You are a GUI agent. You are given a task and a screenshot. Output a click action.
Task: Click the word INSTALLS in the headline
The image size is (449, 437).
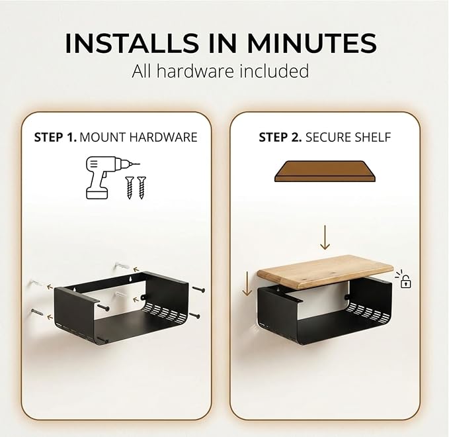coord(132,43)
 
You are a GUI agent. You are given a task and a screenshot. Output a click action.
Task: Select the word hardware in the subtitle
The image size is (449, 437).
coord(195,71)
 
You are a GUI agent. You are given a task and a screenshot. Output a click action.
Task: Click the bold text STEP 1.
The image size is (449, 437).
coord(56,137)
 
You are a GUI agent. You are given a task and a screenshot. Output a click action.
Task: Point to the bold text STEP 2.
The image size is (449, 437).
coord(280,137)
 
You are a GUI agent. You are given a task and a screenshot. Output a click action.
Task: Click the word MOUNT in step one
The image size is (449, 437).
coord(102,137)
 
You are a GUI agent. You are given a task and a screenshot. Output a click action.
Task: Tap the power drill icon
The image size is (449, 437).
coord(109,177)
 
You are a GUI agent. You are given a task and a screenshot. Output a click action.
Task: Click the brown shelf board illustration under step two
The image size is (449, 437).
coord(325,171)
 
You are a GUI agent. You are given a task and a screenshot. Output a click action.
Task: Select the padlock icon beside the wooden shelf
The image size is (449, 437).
coord(405,281)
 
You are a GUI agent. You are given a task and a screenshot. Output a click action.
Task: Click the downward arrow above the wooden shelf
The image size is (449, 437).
coord(325,237)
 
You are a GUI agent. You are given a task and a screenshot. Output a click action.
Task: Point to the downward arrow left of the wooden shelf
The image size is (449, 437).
coord(247,283)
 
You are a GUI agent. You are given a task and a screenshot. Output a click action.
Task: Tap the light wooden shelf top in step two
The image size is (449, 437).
coord(325,271)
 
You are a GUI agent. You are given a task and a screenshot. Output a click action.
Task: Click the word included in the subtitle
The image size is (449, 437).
coord(274,71)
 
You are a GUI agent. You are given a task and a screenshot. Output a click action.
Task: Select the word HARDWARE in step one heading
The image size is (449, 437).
coord(163,137)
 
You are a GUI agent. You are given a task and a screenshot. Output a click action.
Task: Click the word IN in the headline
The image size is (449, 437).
coord(222,43)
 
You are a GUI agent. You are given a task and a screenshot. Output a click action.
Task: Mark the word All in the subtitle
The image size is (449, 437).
coord(142,71)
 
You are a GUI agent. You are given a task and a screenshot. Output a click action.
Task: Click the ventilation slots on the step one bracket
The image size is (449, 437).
coord(165,312)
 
